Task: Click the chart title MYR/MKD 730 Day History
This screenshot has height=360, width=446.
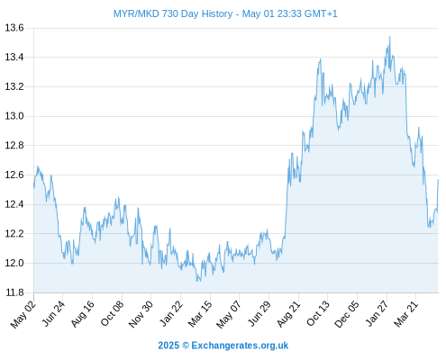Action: pos(173,13)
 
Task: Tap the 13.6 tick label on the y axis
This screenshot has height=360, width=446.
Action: pos(14,28)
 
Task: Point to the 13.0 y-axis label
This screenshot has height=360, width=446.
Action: pos(14,116)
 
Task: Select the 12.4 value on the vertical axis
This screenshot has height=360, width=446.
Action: pos(14,204)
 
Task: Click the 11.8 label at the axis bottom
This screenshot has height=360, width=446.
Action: pos(14,292)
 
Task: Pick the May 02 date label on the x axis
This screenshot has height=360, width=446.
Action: pos(23,314)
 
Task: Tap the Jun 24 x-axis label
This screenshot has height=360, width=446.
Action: pos(53,314)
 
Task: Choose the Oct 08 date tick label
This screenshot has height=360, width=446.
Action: pos(112,314)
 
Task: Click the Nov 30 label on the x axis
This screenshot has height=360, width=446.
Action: pos(141,314)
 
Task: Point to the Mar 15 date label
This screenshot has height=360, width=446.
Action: pos(200,314)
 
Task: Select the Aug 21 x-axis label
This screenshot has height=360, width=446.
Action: pos(288,314)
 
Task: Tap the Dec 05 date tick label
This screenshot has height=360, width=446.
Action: pos(347,314)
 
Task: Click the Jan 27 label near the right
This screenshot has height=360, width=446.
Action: pos(377,314)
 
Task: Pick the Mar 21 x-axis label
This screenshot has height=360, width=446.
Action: pos(406,314)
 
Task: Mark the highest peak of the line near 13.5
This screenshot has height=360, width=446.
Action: pos(390,37)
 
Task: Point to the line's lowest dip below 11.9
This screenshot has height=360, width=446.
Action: pos(197,281)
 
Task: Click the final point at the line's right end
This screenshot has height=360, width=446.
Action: pos(438,180)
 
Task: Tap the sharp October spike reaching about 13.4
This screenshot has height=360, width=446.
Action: pos(321,58)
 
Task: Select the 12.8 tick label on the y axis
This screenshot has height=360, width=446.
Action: pos(14,146)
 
